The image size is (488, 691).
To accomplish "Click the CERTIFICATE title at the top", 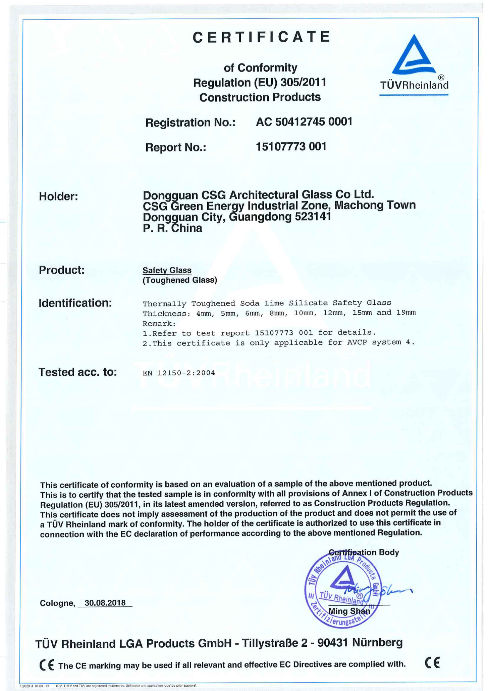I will coord(262,37).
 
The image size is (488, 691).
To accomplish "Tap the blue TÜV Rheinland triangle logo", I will coord(414,55).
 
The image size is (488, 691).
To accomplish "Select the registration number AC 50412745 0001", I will coord(304,122).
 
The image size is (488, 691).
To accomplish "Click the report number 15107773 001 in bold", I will coord(291,147).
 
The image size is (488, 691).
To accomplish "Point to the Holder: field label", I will coord(58,196).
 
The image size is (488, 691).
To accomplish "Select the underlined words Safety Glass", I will coord(167,270).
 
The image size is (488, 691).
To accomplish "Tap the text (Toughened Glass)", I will coord(180,280).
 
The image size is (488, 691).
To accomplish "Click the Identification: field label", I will coord(75,303).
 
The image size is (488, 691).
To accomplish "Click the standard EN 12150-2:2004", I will coord(179,373).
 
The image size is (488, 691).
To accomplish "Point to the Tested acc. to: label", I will coord(77,372).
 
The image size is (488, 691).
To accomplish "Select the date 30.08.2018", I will coord(105,603).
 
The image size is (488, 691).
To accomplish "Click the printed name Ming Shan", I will coord(349,611).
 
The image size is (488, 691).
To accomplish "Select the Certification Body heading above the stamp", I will coord(364,552).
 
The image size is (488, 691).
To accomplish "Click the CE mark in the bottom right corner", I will coord(432,663).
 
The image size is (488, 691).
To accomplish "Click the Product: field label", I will coord(62,270).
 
